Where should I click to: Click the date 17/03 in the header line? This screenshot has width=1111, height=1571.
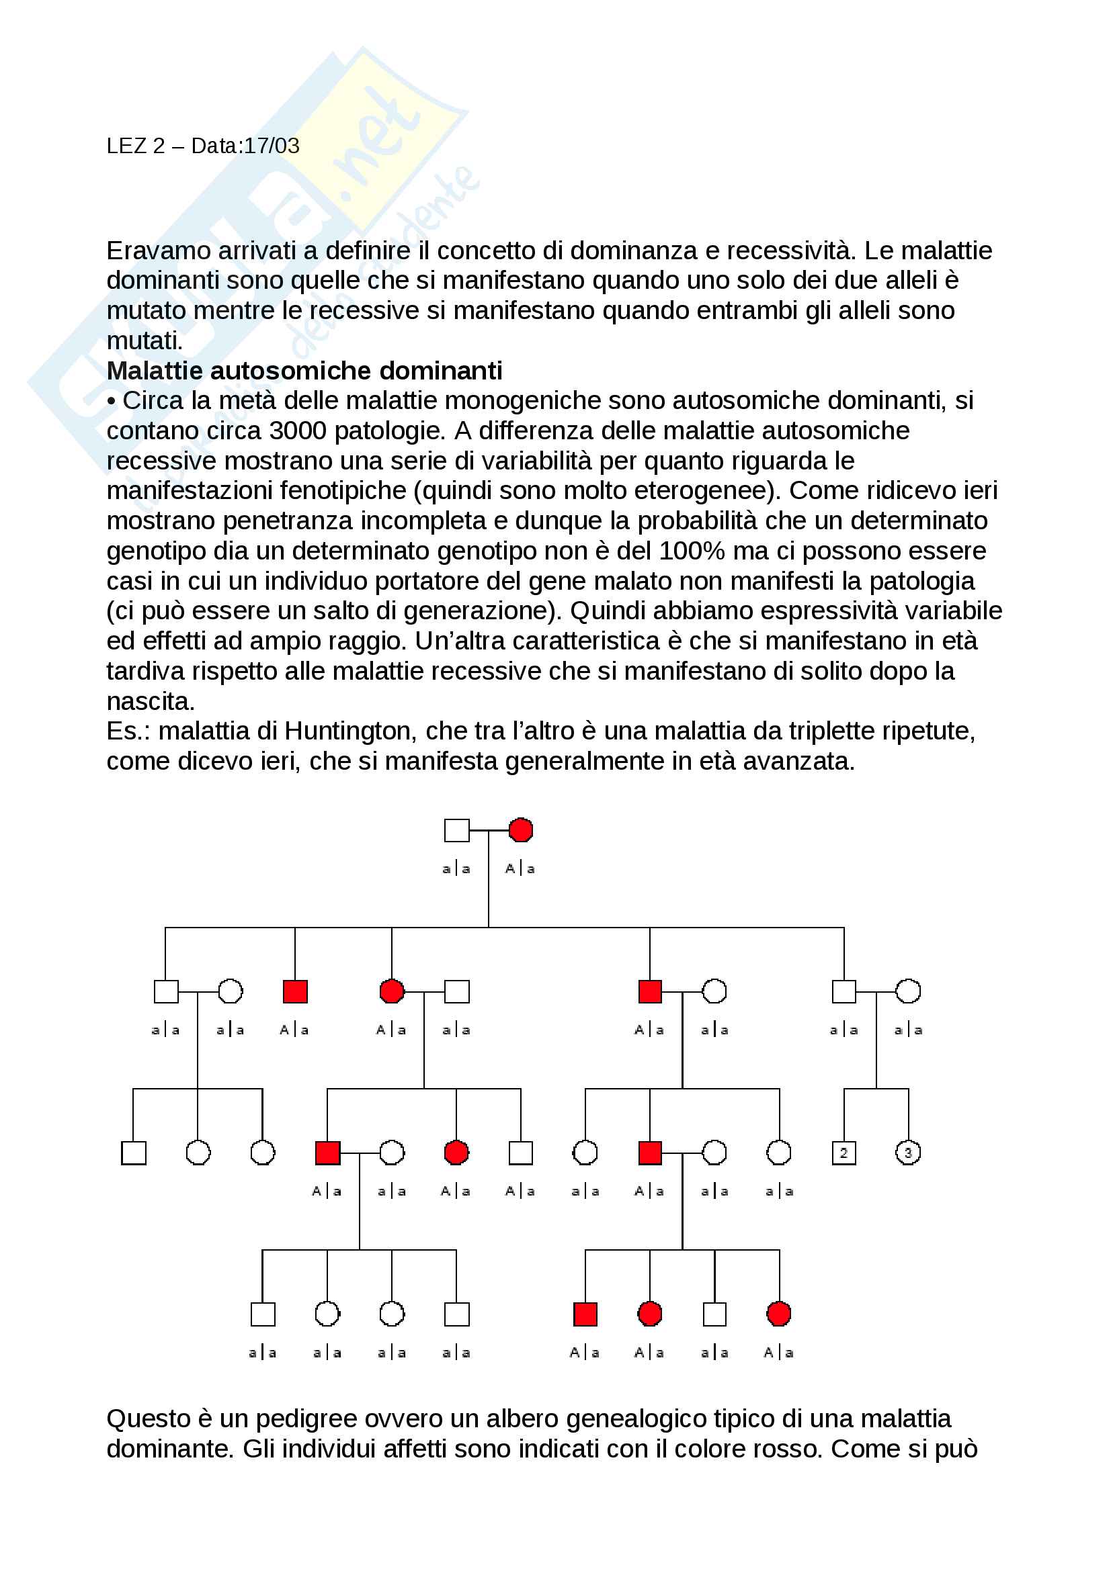pyautogui.click(x=272, y=146)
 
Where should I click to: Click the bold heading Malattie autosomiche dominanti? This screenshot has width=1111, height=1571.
pyautogui.click(x=304, y=370)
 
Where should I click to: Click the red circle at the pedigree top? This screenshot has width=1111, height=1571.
pyautogui.click(x=521, y=830)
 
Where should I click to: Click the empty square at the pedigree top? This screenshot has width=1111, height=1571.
pyautogui.click(x=456, y=830)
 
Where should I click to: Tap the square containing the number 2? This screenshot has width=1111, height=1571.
pyautogui.click(x=843, y=1153)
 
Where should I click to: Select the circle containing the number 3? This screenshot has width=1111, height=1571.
pyautogui.click(x=908, y=1153)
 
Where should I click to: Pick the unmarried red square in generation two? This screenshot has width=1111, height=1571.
pyautogui.click(x=295, y=991)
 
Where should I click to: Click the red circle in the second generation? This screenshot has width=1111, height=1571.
pyautogui.click(x=392, y=991)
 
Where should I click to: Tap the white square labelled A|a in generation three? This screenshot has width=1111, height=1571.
pyautogui.click(x=521, y=1153)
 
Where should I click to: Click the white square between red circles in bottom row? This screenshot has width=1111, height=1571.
pyautogui.click(x=714, y=1314)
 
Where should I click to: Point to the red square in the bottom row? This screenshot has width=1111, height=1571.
pyautogui.click(x=585, y=1314)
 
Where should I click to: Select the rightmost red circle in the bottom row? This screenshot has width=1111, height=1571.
pyautogui.click(x=779, y=1314)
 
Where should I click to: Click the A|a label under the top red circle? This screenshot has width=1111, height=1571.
pyautogui.click(x=520, y=869)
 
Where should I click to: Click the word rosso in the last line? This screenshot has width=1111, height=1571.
pyautogui.click(x=794, y=1449)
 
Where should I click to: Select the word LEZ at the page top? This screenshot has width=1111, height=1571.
pyautogui.click(x=126, y=146)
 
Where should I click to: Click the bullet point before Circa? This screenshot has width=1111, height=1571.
pyautogui.click(x=112, y=401)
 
